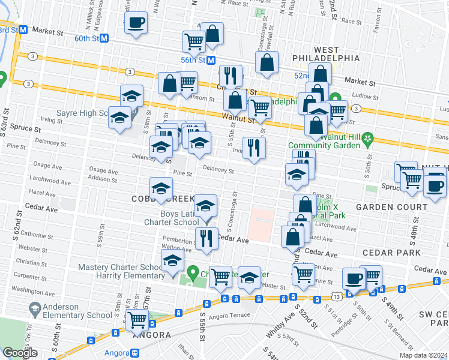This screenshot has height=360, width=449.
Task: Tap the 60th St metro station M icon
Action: (104, 37)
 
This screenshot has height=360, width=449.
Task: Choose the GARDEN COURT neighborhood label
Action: (391, 206)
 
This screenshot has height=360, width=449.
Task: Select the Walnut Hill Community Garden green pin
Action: (367, 140)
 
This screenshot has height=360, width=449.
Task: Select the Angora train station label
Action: (118, 353)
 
